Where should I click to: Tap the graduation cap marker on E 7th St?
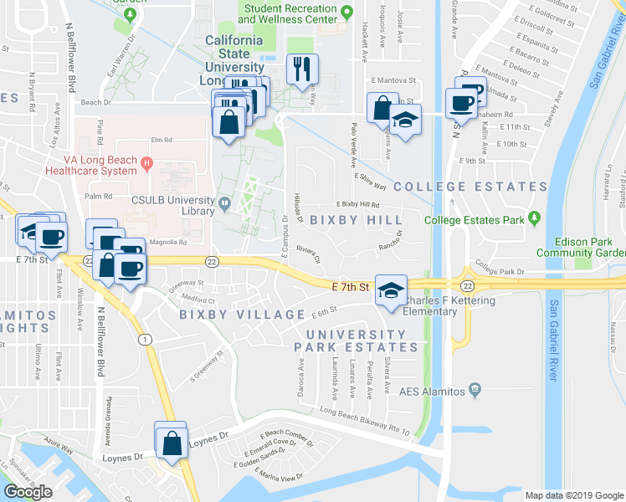pyautogui.click(x=389, y=289)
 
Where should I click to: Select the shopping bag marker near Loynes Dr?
pyautogui.click(x=171, y=443)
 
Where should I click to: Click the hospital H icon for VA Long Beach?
pyautogui.click(x=146, y=162)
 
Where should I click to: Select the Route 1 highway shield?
pyautogui.click(x=146, y=339)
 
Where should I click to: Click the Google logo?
pyautogui.click(x=28, y=492)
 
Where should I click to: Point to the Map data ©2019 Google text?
pyautogui.click(x=573, y=494)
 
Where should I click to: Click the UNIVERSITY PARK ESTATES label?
pyautogui.click(x=355, y=341)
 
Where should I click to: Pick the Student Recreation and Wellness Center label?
pyautogui.click(x=289, y=12)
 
